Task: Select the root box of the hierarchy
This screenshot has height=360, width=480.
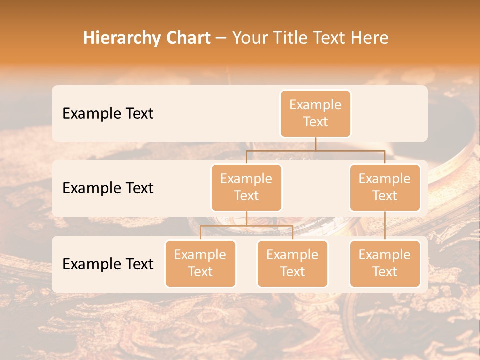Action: [315, 114]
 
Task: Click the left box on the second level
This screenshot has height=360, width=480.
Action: [246, 188]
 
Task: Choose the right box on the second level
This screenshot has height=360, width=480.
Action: [385, 188]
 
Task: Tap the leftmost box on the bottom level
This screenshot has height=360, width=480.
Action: [200, 264]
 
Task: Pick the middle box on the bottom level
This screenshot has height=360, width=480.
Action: [292, 264]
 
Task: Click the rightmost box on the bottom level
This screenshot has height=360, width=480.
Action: [385, 264]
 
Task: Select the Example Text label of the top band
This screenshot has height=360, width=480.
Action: [108, 114]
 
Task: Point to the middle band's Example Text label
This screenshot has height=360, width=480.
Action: [108, 188]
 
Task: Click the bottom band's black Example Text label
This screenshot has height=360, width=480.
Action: [108, 264]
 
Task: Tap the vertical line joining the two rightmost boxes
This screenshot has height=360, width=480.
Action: [385, 225]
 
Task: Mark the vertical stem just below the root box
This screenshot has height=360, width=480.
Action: [315, 144]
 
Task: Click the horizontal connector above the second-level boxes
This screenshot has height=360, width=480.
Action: [315, 150]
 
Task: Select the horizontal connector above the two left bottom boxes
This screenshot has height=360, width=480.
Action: [246, 226]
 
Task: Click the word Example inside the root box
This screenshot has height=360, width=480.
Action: [315, 105]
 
